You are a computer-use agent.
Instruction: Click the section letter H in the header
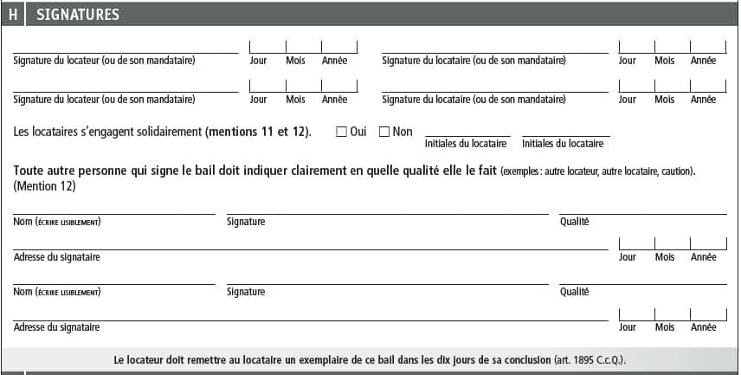pyautogui.click(x=13, y=15)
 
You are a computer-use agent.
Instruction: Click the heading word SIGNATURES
pyautogui.click(x=78, y=15)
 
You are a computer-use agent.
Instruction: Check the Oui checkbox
pyautogui.click(x=341, y=132)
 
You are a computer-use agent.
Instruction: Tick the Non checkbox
pyautogui.click(x=384, y=132)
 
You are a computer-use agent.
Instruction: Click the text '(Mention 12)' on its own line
pyautogui.click(x=44, y=185)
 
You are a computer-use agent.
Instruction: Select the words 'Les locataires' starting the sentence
pyautogui.click(x=44, y=132)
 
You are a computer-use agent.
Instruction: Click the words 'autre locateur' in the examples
pyautogui.click(x=572, y=171)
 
